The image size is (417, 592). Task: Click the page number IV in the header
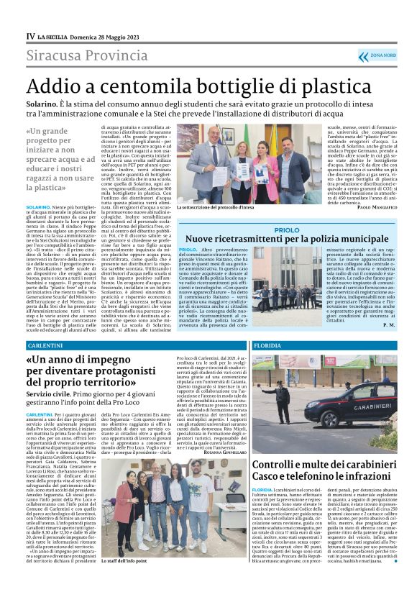pyautogui.click(x=30, y=35)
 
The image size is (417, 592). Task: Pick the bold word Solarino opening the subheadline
pyautogui.click(x=42, y=104)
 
